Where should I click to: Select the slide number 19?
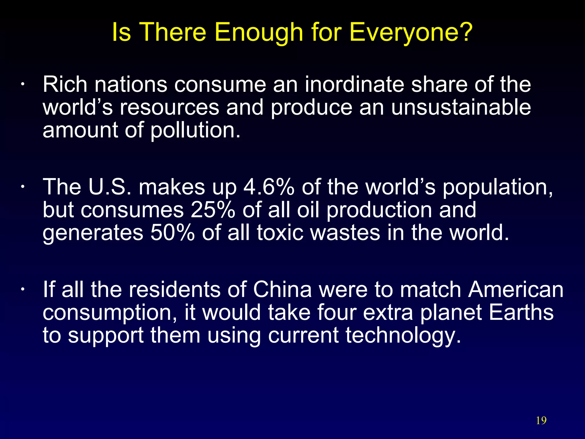coord(541,420)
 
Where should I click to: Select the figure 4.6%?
coord(269,187)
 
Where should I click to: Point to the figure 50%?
coord(173,233)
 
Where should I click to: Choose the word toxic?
coord(280,233)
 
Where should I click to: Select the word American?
coord(516,289)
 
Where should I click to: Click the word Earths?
coord(521,312)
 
